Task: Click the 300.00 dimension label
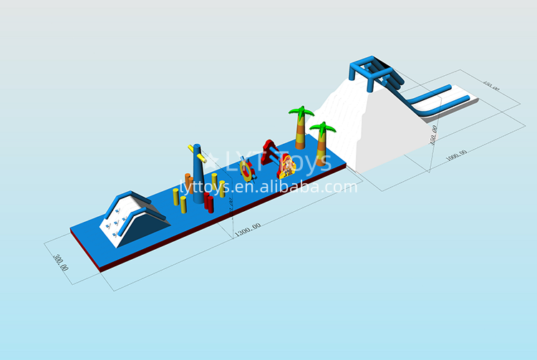[x=62, y=258]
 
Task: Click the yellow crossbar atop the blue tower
[x=195, y=152]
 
